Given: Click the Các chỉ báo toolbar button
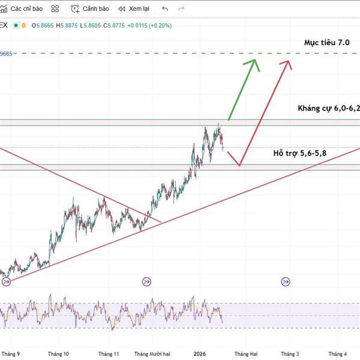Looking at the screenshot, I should tap(23, 9).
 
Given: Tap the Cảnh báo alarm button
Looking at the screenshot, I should tap(90, 9).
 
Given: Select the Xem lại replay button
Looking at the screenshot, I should tap(134, 9).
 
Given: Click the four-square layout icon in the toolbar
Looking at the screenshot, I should tap(55, 9).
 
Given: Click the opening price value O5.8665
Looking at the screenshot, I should tap(43, 25).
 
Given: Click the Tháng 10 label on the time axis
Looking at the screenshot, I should tap(58, 354).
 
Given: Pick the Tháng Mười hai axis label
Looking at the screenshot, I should tap(153, 354).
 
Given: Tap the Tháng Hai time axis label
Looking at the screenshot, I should tap(246, 354).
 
